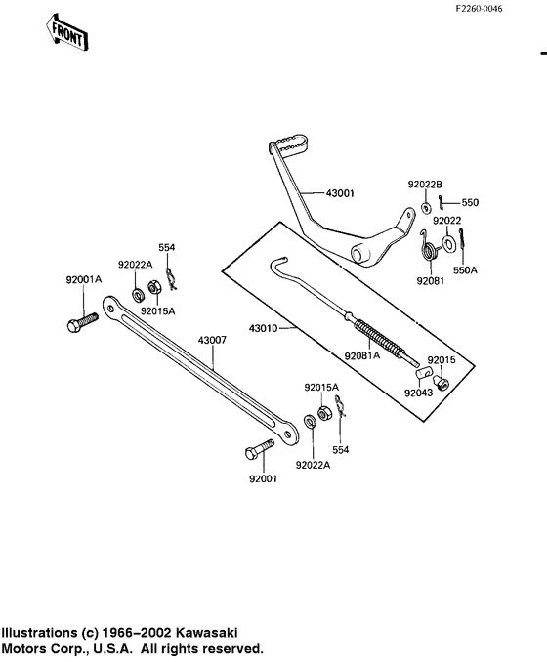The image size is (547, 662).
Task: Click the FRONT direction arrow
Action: coord(67,31)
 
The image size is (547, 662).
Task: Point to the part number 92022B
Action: coord(425,183)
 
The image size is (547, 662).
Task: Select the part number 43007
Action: coord(212,341)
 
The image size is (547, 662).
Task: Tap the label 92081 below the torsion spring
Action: coord(431,279)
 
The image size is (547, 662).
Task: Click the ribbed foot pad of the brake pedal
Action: coord(291,145)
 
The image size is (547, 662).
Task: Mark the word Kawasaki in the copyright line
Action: coord(201,632)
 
